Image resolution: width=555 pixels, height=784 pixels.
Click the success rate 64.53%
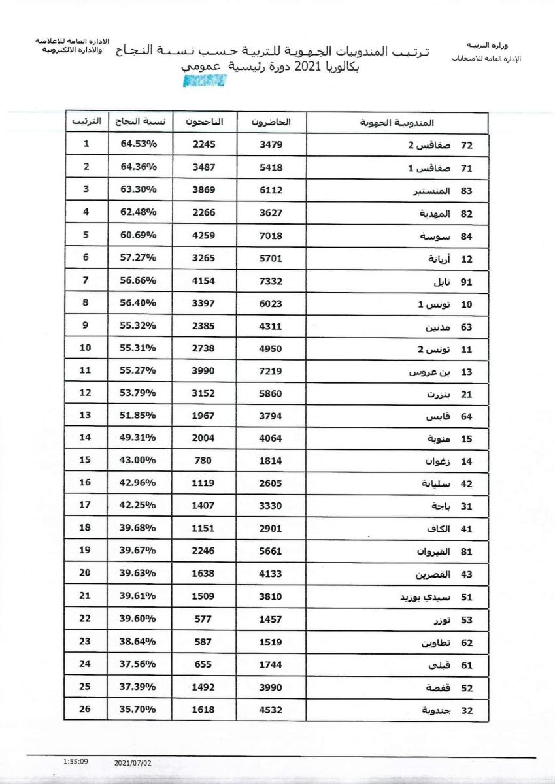(138, 144)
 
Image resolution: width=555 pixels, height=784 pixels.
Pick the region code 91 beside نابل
(466, 282)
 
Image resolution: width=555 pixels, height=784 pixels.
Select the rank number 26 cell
(86, 710)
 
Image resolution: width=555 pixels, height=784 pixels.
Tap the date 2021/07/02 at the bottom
(132, 762)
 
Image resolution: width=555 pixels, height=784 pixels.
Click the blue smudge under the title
(205, 80)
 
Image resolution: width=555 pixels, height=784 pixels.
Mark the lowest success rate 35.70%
(138, 710)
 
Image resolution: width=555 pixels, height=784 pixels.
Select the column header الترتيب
(86, 122)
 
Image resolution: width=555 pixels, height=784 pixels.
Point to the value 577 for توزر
(203, 619)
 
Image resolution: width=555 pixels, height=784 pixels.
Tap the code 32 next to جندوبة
(466, 711)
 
